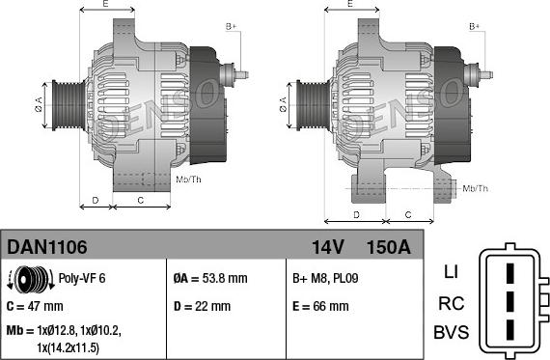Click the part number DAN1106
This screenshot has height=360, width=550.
(x=46, y=247)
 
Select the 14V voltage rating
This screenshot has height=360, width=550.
(x=328, y=247)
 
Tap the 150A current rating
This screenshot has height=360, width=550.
(x=388, y=247)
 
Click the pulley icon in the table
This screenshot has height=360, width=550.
(x=31, y=279)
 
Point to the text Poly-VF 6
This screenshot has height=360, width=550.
(x=82, y=278)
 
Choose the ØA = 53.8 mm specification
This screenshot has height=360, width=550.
(x=210, y=278)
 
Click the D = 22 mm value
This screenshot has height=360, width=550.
(x=202, y=306)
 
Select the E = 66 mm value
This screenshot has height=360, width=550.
(x=320, y=306)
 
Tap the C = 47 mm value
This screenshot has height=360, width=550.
(x=35, y=306)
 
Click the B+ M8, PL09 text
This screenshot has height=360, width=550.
(x=325, y=278)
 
